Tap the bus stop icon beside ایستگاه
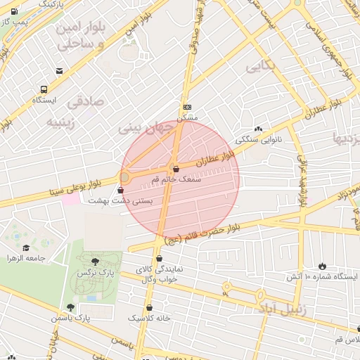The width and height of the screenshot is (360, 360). [44, 89]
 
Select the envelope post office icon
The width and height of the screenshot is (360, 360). [60, 70]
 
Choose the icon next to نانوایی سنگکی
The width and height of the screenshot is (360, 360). [258, 129]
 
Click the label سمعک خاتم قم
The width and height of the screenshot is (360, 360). [176, 180]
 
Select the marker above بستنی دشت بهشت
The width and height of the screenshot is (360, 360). [124, 190]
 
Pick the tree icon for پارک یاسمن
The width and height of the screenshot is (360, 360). [70, 307]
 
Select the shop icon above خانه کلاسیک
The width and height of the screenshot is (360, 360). [149, 307]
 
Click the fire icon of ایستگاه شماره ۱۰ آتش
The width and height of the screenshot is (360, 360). [322, 266]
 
